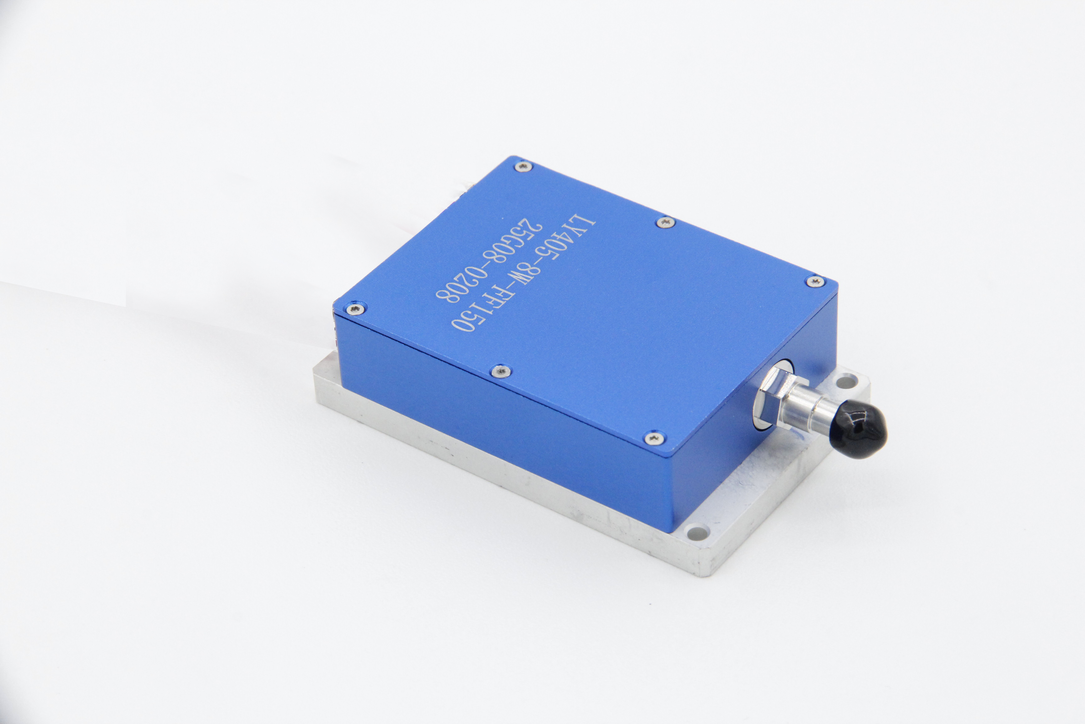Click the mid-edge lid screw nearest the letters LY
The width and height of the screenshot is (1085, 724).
665,222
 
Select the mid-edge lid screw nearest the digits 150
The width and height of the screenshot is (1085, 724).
500,370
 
